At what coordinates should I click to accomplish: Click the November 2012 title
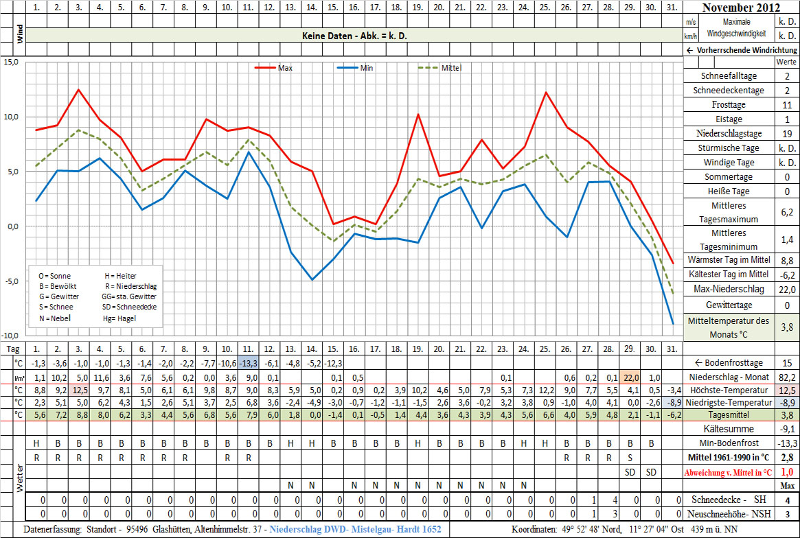[741, 8]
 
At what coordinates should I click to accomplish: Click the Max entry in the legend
[286, 68]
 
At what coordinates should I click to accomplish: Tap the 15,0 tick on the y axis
[11, 62]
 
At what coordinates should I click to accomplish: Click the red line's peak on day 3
[79, 90]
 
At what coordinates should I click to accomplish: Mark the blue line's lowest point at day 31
[674, 324]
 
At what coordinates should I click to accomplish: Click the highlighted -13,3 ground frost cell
[249, 363]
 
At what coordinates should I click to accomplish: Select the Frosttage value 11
[787, 105]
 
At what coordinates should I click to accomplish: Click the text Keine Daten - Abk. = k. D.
[354, 36]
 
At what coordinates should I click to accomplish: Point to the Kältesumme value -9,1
[787, 429]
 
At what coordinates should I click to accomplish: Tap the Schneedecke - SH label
[727, 500]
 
